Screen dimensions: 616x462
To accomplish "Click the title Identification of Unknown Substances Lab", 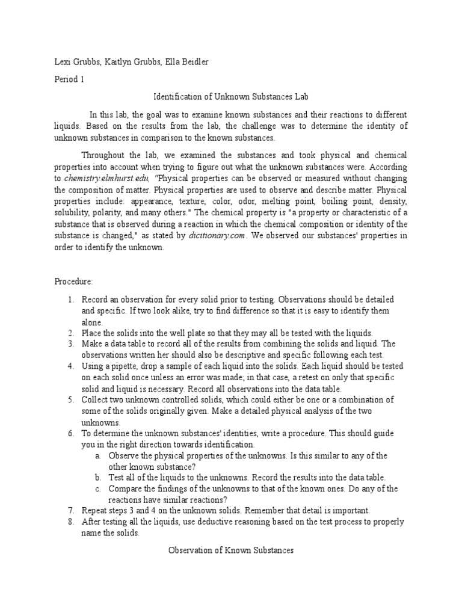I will click(x=231, y=96).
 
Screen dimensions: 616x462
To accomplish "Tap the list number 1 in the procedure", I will click(x=70, y=299).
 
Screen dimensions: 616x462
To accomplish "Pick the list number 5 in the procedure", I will click(x=70, y=399).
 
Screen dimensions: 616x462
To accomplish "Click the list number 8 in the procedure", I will click(x=70, y=521).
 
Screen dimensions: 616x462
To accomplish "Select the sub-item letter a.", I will click(x=97, y=455).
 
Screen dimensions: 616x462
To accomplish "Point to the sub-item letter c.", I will click(x=97, y=488).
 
